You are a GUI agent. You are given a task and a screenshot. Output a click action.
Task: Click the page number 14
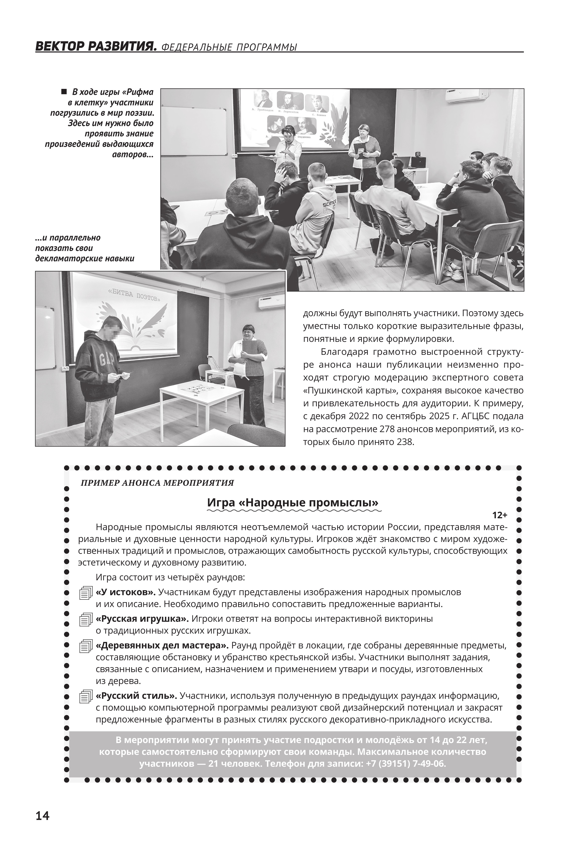pos(42,816)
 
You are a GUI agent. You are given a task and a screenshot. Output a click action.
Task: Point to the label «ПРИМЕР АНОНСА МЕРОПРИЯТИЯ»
pos(157,483)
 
